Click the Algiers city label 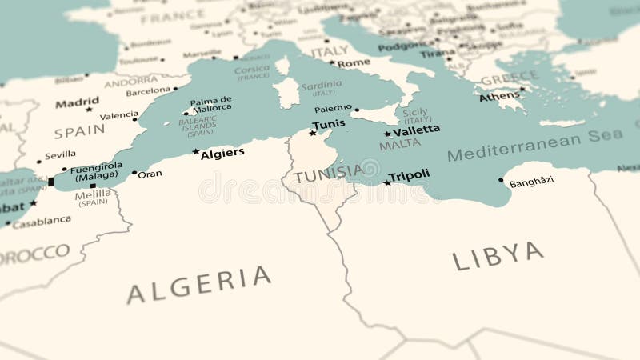[222, 153]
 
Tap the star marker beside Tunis [313, 133]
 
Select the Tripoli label [409, 175]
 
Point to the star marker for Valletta [387, 134]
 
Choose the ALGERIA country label [199, 284]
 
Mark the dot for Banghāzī [501, 180]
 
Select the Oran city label [150, 174]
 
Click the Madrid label [78, 102]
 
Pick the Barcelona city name [148, 91]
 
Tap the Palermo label [333, 108]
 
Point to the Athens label [499, 97]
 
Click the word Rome [354, 62]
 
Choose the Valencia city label [119, 115]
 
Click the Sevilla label [60, 154]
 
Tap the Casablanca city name [41, 222]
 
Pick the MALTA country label [399, 146]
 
